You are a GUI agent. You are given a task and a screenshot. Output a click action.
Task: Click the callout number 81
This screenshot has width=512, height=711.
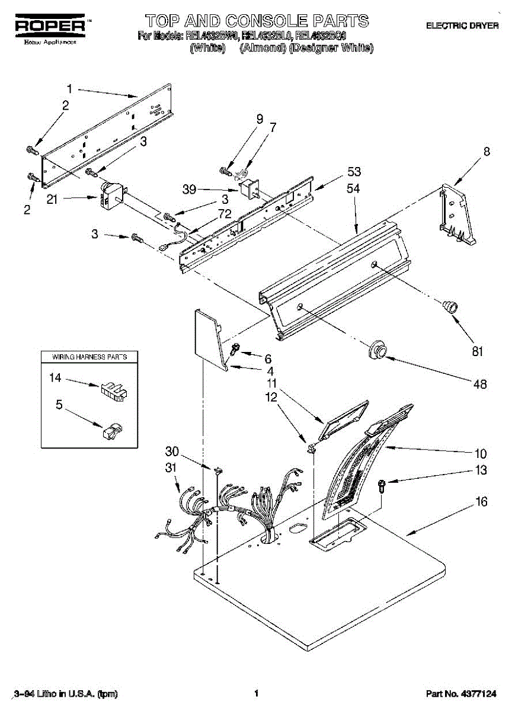click(x=478, y=351)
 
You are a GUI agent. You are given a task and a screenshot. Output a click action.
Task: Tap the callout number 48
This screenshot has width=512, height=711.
click(x=481, y=385)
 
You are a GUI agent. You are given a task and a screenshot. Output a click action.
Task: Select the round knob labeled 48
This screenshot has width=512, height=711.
click(x=376, y=350)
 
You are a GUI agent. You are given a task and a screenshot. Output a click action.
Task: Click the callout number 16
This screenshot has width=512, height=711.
click(x=481, y=502)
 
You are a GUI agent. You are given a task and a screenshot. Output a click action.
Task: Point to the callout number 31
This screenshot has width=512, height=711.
click(x=171, y=468)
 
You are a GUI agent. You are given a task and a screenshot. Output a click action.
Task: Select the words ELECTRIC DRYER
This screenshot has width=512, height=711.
click(x=462, y=26)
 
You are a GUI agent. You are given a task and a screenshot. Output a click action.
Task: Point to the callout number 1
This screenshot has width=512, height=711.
click(x=69, y=89)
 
